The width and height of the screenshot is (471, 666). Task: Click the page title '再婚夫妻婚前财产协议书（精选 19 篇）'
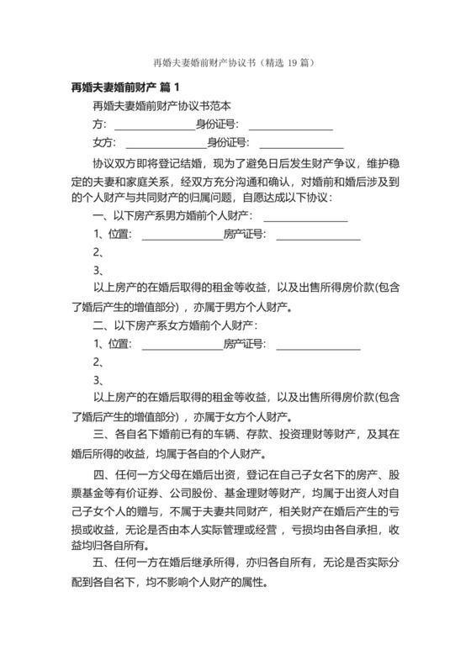pyautogui.click(x=235, y=63)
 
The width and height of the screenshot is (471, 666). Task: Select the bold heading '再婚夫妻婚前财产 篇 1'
pyautogui.click(x=126, y=87)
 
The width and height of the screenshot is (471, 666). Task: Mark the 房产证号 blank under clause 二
pyautogui.click(x=318, y=344)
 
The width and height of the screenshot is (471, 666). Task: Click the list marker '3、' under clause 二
pyautogui.click(x=98, y=380)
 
